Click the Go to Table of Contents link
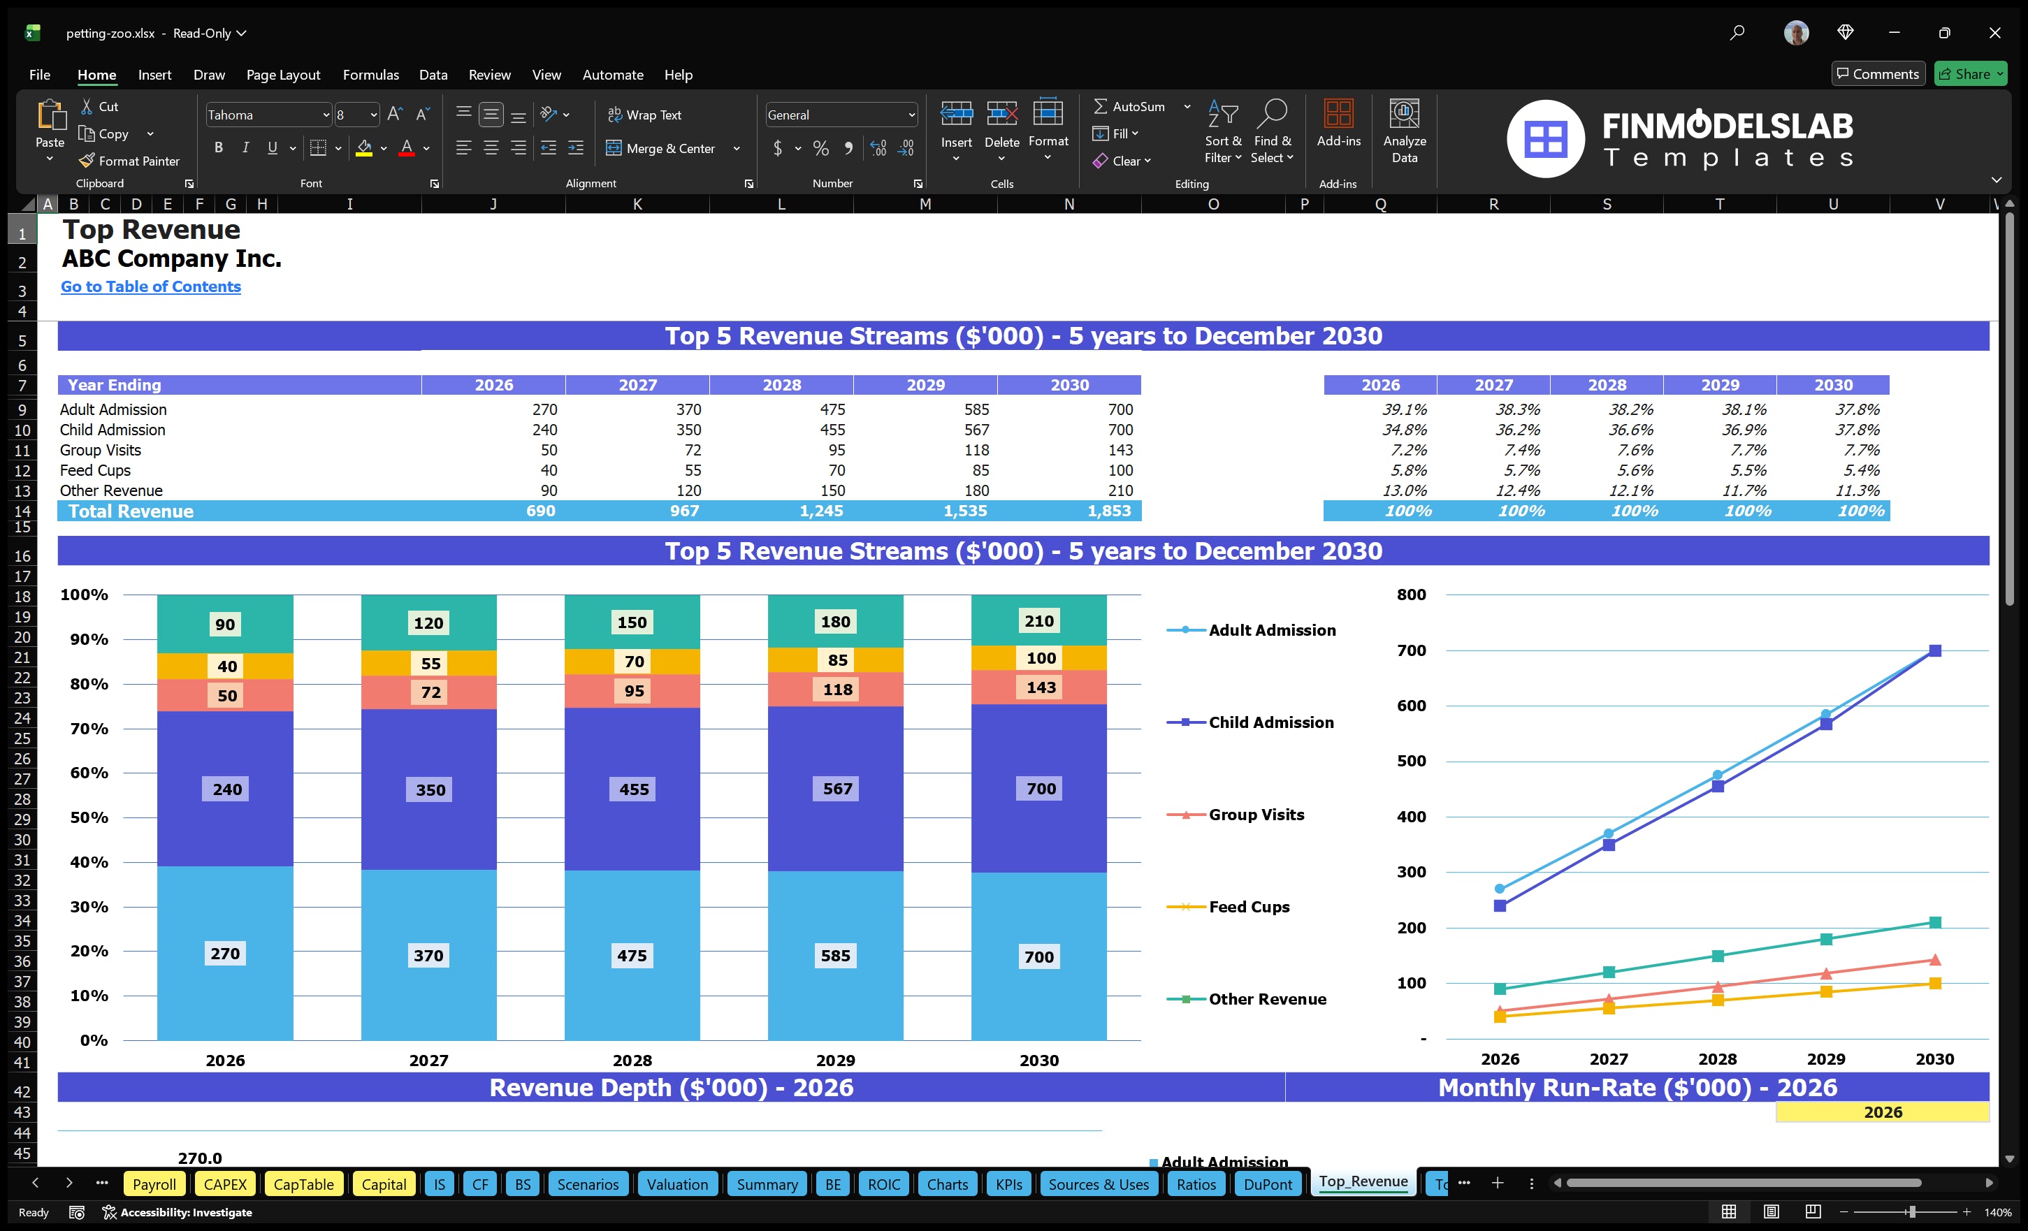pyautogui.click(x=151, y=286)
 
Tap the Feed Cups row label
pyautogui.click(x=96, y=470)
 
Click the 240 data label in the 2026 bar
pyautogui.click(x=227, y=789)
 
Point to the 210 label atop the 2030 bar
pyautogui.click(x=1038, y=621)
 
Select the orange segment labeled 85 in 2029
pyautogui.click(x=837, y=660)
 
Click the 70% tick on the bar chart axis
pyautogui.click(x=89, y=728)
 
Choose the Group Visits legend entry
pyautogui.click(x=1256, y=815)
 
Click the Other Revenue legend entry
pyautogui.click(x=1267, y=999)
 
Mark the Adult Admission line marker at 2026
pyautogui.click(x=1500, y=889)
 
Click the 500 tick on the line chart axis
pyautogui.click(x=1411, y=761)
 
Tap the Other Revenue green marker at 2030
pyautogui.click(x=1935, y=922)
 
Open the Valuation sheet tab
pyautogui.click(x=676, y=1184)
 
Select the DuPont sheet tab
pyautogui.click(x=1268, y=1184)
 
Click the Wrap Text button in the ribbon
pyautogui.click(x=644, y=115)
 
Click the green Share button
pyautogui.click(x=1969, y=74)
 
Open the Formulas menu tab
pyautogui.click(x=370, y=75)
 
